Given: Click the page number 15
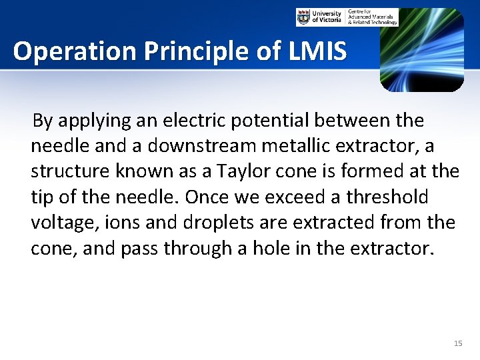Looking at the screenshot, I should coord(457,343).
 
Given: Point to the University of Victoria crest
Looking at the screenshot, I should coord(304,17).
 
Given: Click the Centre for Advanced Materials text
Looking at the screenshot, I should coord(373,17).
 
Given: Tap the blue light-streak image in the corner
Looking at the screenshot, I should coord(421,50).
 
